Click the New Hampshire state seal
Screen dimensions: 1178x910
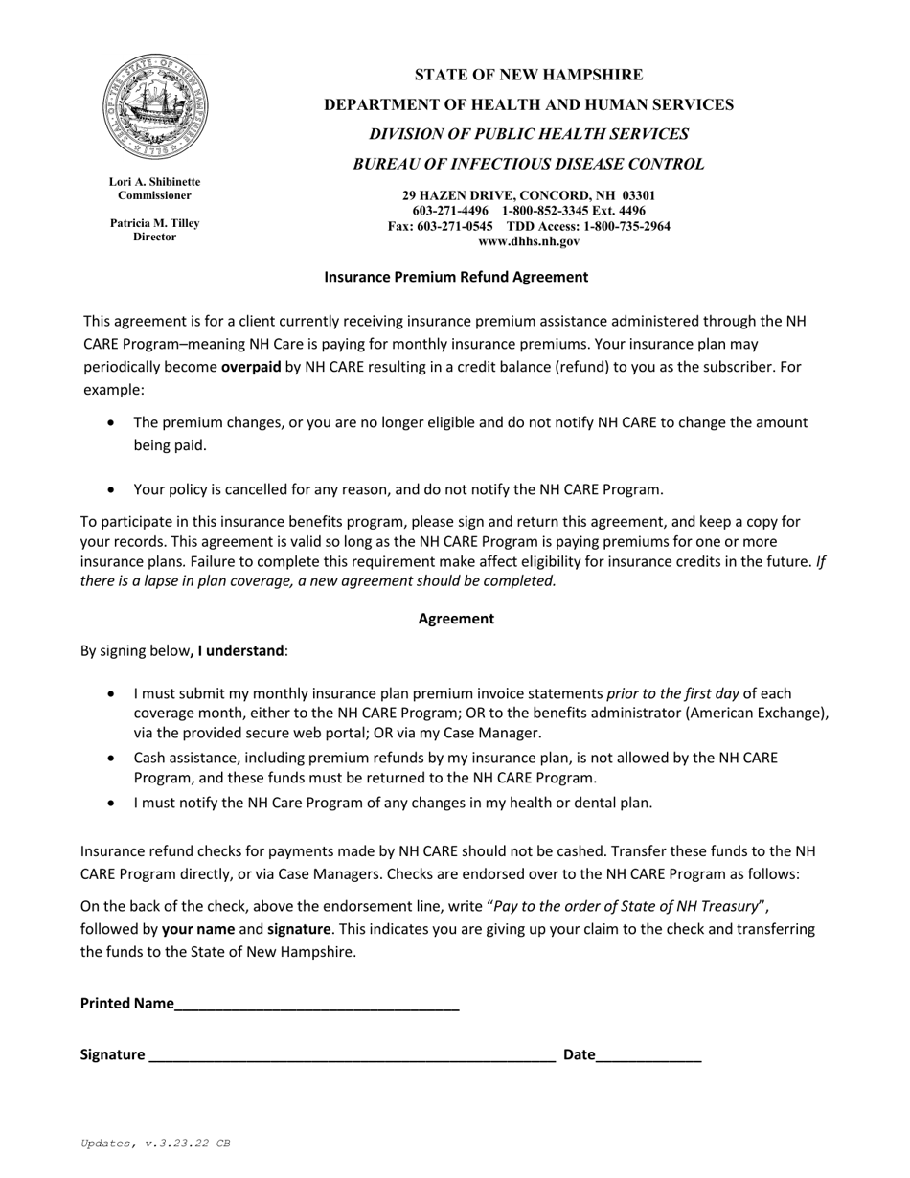(x=155, y=107)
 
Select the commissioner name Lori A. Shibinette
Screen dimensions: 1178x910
(x=154, y=181)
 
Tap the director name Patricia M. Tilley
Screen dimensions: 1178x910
(x=154, y=223)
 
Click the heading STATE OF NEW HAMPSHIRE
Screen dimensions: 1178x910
(x=528, y=75)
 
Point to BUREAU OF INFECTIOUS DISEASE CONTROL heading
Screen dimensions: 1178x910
(x=528, y=164)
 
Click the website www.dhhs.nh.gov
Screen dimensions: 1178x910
(x=528, y=241)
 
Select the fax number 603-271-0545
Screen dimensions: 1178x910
(x=455, y=226)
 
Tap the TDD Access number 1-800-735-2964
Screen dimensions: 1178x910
(x=627, y=226)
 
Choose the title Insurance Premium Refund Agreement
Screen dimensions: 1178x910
(x=456, y=277)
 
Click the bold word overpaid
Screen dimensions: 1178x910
(x=251, y=367)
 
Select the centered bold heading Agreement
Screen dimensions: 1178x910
(x=456, y=619)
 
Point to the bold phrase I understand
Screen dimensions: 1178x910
(x=240, y=651)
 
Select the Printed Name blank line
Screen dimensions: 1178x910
(x=317, y=1006)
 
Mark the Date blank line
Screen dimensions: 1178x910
(x=648, y=1056)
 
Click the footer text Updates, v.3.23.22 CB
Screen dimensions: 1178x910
(x=155, y=1144)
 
